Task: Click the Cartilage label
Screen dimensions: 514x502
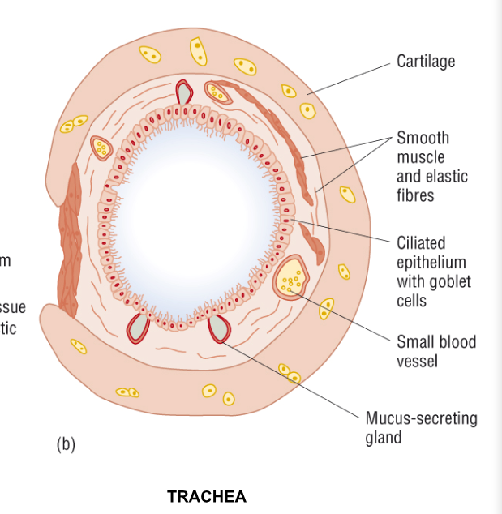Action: (x=425, y=62)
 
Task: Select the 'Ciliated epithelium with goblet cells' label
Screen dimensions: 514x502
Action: (x=433, y=272)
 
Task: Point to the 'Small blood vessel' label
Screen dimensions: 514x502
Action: (x=435, y=350)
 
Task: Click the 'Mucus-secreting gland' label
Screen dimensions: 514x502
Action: (x=421, y=427)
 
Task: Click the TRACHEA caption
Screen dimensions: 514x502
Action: (x=207, y=496)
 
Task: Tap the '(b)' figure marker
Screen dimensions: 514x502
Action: (x=66, y=443)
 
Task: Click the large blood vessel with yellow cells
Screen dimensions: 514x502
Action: (x=290, y=277)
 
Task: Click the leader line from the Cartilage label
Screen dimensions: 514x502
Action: (x=349, y=78)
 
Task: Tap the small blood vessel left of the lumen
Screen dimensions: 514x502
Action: (x=101, y=148)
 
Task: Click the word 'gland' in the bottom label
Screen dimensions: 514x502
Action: (x=383, y=438)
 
